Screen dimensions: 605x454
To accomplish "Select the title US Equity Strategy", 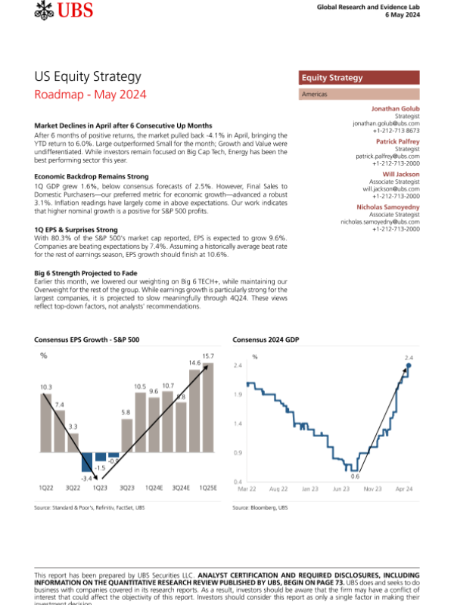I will point(88,77).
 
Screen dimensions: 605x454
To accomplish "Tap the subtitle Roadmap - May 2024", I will point(91,95).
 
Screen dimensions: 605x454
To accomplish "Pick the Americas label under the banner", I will point(316,95).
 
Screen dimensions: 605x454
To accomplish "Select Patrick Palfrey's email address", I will point(388,156).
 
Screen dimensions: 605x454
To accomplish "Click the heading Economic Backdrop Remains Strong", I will point(89,176).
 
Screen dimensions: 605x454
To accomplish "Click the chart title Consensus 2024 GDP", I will point(266,340).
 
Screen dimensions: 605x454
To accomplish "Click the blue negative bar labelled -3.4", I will point(88,462).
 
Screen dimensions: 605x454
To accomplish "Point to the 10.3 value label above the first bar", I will point(46,387).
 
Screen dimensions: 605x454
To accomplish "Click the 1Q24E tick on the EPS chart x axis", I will point(154,489).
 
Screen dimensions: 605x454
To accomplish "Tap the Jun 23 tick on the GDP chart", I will point(340,489).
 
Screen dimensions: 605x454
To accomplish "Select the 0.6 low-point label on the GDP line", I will point(354,476).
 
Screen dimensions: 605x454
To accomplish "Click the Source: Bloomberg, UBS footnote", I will point(260,507).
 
